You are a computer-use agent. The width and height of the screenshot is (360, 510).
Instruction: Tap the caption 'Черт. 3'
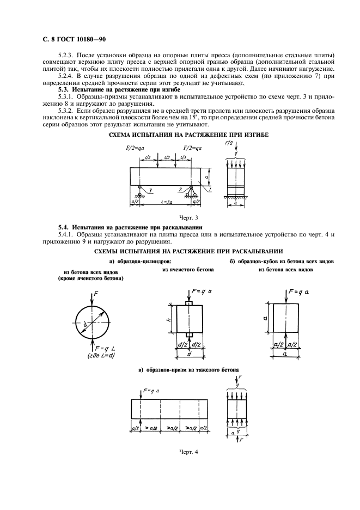pos(179,218)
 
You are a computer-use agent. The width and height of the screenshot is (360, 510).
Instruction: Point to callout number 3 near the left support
pos(150,191)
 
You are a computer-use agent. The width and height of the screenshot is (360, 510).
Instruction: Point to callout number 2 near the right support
pos(180,189)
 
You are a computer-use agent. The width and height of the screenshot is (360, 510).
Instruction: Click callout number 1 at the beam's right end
pos(211,189)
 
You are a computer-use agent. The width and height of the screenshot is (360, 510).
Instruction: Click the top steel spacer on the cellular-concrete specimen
pos(189,302)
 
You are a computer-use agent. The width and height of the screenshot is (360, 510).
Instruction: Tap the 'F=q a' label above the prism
pos(152,390)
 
